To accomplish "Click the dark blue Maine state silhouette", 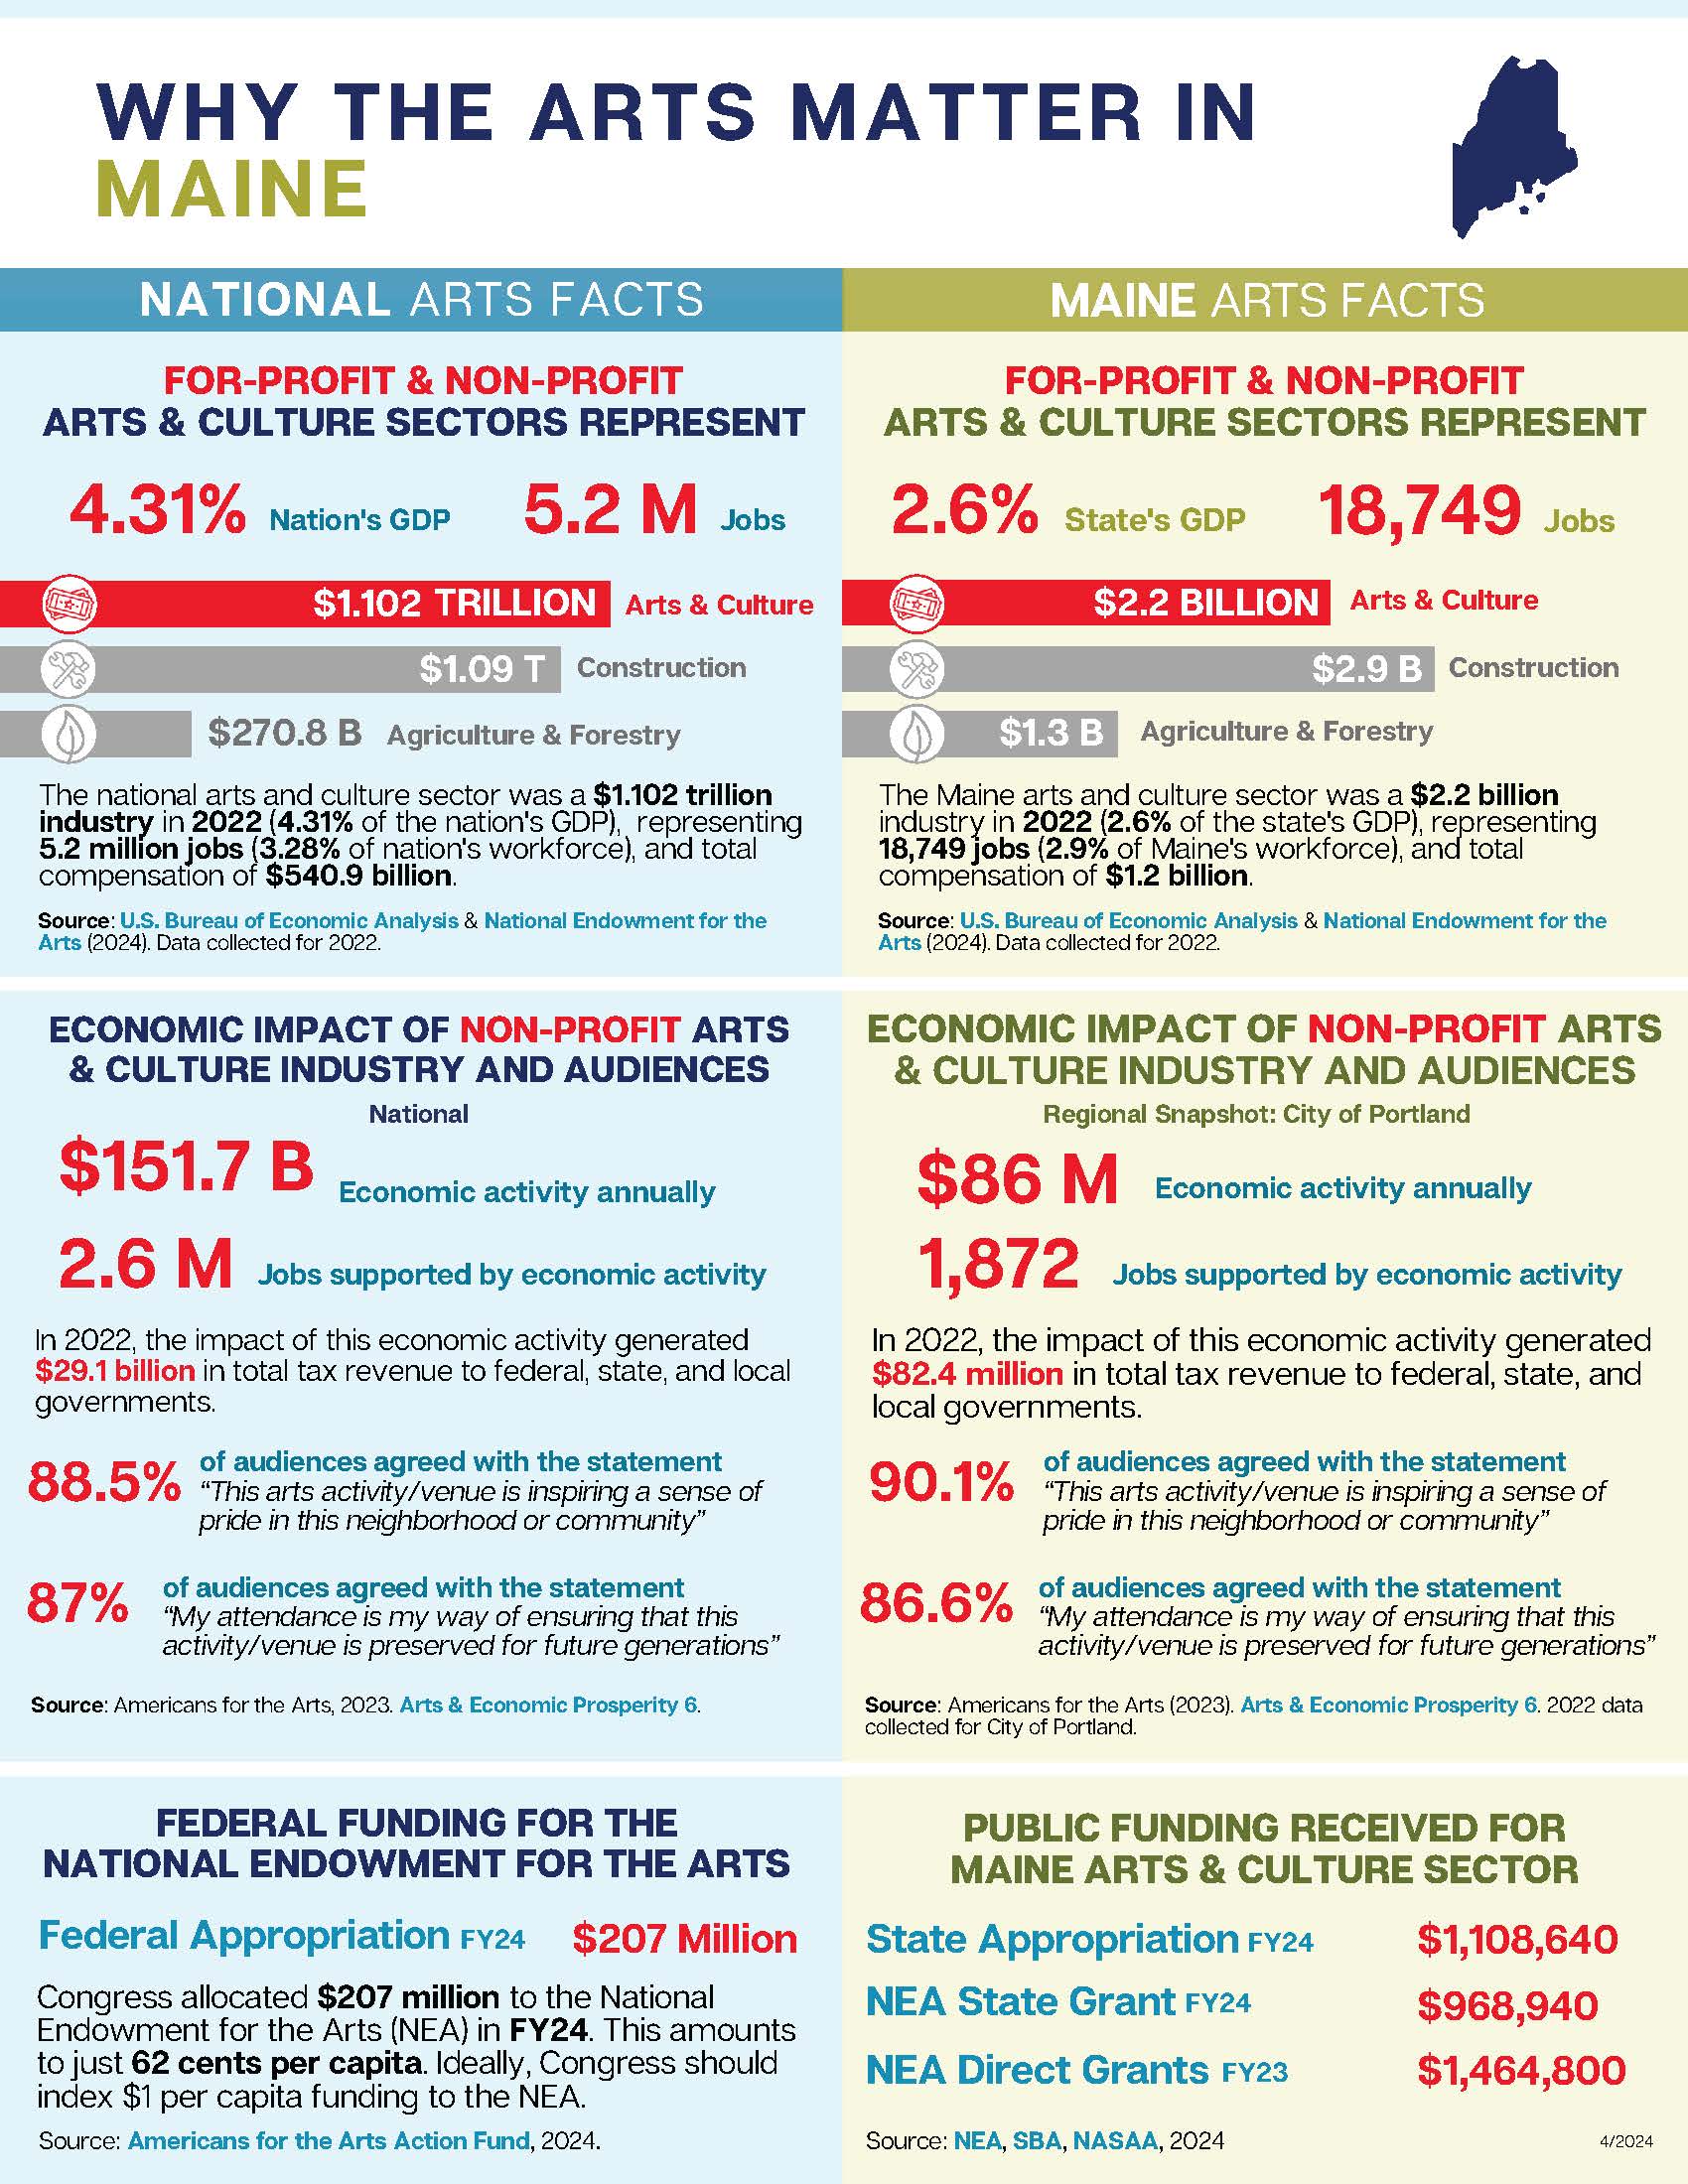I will (1510, 145).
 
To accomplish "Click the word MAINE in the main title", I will (233, 189).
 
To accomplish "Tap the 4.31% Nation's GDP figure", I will (157, 510).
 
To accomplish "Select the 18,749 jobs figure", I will (1419, 511).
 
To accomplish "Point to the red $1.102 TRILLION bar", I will (305, 604).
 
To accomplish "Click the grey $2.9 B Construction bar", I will (1137, 669).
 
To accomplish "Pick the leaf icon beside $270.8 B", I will (69, 734).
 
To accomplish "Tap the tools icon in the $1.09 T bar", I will (69, 669).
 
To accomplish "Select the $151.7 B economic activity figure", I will (187, 1167).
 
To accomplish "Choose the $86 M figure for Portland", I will (1017, 1179).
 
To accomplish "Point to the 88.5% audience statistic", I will (104, 1482).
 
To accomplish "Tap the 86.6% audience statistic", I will (936, 1603).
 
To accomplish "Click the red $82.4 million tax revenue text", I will (967, 1374).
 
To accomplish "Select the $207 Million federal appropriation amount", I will (685, 1939).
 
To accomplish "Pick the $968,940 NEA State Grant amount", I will (1507, 2005).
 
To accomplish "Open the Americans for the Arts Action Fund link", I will (329, 2141).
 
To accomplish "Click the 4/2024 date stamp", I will (1626, 2142).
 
